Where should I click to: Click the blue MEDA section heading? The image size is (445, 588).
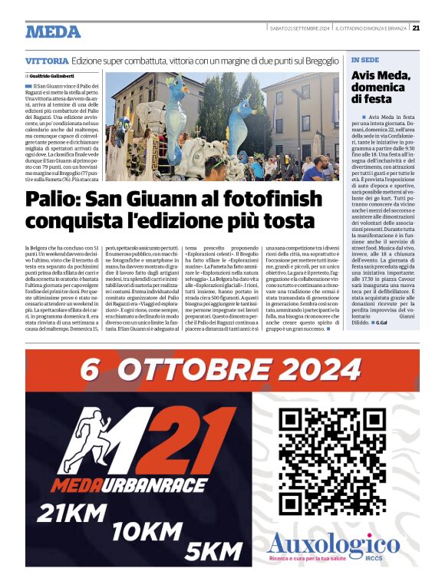(52, 31)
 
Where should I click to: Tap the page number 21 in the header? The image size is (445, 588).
(415, 28)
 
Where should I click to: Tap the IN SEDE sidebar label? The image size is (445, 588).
(365, 59)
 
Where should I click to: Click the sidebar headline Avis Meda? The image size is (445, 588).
(381, 75)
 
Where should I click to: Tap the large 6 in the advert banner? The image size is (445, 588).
(91, 371)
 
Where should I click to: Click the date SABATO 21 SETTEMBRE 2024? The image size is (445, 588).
(299, 29)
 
